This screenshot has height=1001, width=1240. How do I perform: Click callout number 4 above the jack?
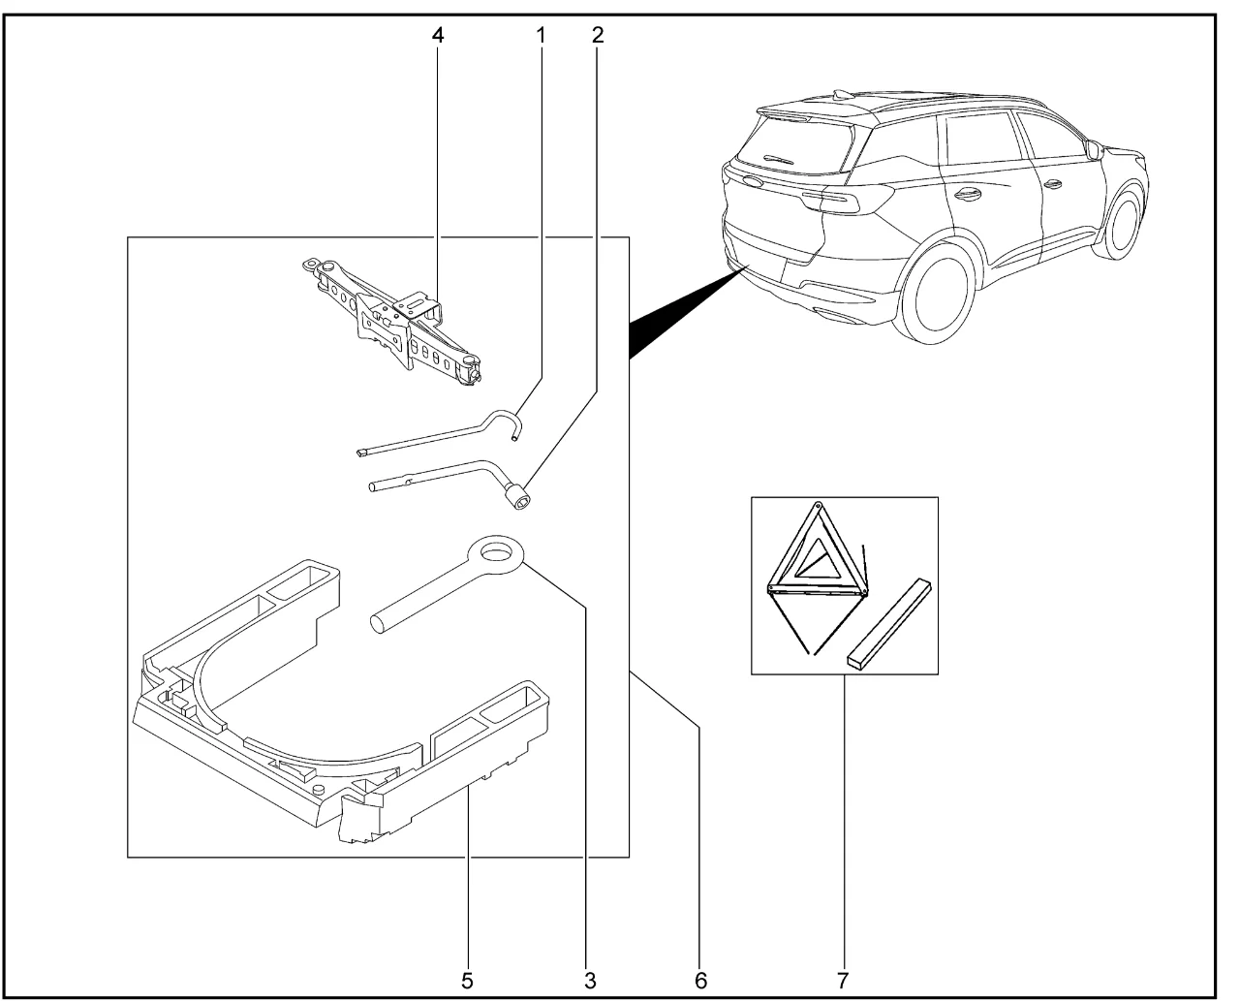[x=439, y=35]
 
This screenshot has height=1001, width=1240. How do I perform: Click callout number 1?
[x=541, y=35]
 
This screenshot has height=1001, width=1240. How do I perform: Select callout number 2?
[x=597, y=35]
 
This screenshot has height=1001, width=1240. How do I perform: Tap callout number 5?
[x=468, y=980]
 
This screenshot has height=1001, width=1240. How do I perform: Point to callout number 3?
[x=589, y=980]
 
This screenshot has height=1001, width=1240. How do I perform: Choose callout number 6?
[x=699, y=980]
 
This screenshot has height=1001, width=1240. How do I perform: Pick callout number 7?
[x=844, y=980]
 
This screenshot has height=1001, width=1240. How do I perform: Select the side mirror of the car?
[x=1094, y=150]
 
